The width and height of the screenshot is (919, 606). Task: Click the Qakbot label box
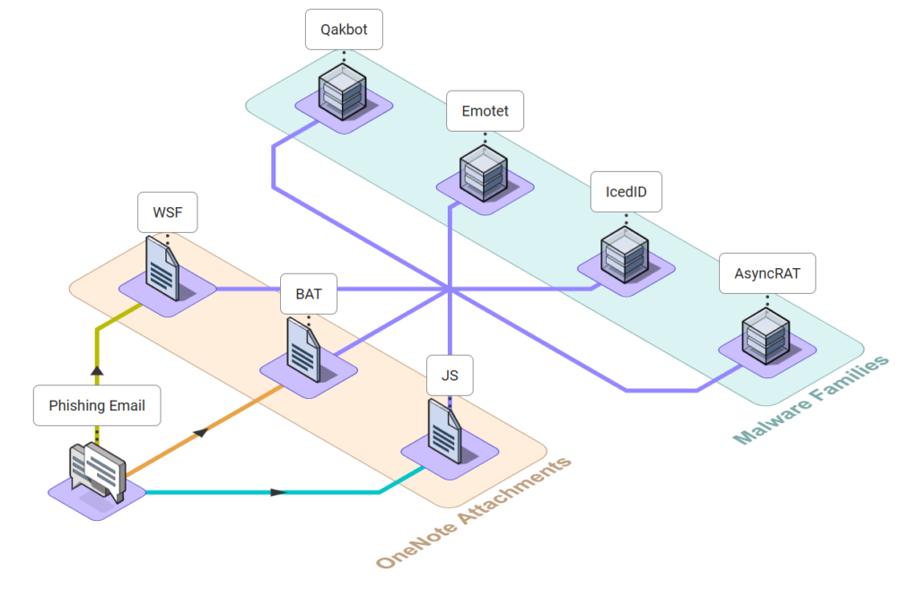pyautogui.click(x=344, y=30)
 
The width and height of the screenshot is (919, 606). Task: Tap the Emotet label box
pyautogui.click(x=485, y=110)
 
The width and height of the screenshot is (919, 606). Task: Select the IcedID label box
pyautogui.click(x=626, y=192)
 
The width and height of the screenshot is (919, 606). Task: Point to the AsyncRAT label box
pyautogui.click(x=767, y=273)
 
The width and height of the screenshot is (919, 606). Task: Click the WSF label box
pyautogui.click(x=168, y=212)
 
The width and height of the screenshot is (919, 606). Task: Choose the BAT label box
pyautogui.click(x=309, y=293)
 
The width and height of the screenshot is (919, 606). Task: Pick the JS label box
pyautogui.click(x=450, y=376)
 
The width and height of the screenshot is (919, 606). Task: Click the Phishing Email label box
pyautogui.click(x=97, y=405)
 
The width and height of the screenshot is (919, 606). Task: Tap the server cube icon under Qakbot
pyautogui.click(x=343, y=92)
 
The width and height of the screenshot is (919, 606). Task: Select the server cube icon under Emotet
pyautogui.click(x=484, y=173)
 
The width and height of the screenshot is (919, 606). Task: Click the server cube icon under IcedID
pyautogui.click(x=625, y=255)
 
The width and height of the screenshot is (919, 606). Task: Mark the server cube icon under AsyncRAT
pyautogui.click(x=766, y=336)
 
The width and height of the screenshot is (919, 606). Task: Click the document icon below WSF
pyautogui.click(x=162, y=268)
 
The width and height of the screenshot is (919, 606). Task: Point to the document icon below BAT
pyautogui.click(x=303, y=350)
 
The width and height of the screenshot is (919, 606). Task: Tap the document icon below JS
pyautogui.click(x=445, y=431)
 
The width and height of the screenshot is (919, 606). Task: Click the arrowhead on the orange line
pyautogui.click(x=201, y=433)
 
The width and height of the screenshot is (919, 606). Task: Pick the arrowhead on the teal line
pyautogui.click(x=278, y=492)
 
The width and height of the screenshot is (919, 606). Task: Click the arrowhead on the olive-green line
pyautogui.click(x=97, y=370)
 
